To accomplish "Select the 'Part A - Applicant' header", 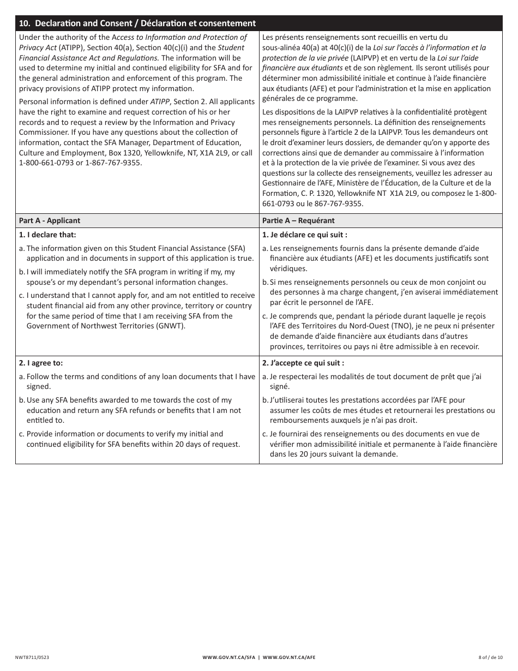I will [x=50, y=220].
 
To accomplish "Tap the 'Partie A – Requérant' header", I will [x=298, y=220].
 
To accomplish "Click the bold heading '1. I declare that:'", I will [x=47, y=235].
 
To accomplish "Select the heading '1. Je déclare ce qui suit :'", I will [x=305, y=235].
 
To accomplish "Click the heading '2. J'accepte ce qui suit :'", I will [x=303, y=363].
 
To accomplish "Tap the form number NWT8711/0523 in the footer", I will [x=34, y=657].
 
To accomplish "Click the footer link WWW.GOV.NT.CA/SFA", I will [x=228, y=657].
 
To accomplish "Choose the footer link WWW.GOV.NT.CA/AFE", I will [x=289, y=657].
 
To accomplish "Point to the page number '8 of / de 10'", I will [x=490, y=657].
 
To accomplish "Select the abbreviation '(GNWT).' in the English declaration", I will [x=169, y=326].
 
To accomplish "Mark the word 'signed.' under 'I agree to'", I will [x=39, y=386].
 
